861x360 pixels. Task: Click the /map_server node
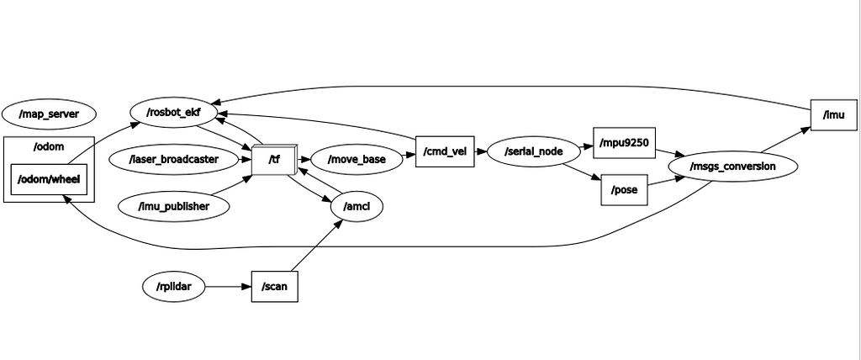pyautogui.click(x=49, y=113)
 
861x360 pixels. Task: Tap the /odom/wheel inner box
pyautogui.click(x=49, y=179)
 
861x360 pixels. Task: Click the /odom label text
pyautogui.click(x=49, y=147)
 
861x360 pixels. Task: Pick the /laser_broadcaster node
pyautogui.click(x=173, y=158)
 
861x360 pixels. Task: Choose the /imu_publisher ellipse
pyautogui.click(x=173, y=205)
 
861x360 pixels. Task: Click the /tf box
pyautogui.click(x=273, y=160)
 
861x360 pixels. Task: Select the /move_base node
pyautogui.click(x=357, y=158)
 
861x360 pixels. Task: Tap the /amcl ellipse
pyautogui.click(x=358, y=206)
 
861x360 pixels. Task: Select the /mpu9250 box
pyautogui.click(x=623, y=143)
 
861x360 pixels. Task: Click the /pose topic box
pyautogui.click(x=624, y=190)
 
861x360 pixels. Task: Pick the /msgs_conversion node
pyautogui.click(x=732, y=167)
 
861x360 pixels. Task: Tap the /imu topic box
pyautogui.click(x=833, y=114)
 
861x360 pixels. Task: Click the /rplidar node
pyautogui.click(x=173, y=287)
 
